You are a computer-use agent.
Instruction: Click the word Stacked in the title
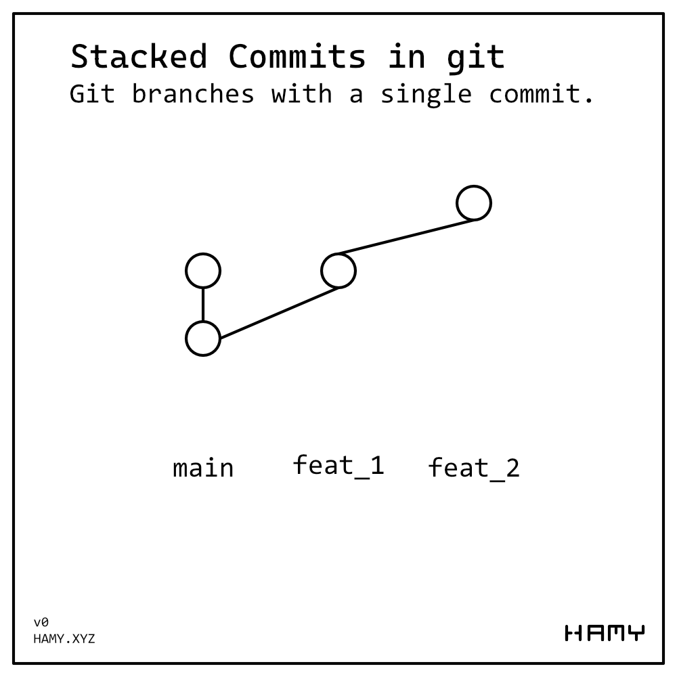[x=138, y=57]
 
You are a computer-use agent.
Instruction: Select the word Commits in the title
[x=297, y=57]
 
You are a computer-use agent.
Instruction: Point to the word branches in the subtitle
[x=193, y=94]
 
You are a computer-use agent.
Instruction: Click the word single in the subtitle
[x=426, y=95]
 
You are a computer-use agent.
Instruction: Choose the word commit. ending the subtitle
[x=542, y=94]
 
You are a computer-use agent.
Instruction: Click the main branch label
[x=203, y=468]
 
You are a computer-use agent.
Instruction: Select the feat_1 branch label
[x=338, y=466]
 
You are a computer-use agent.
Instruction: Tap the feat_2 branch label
[x=474, y=468]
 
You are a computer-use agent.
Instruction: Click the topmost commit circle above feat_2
[x=474, y=203]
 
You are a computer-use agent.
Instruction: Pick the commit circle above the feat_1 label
[x=338, y=271]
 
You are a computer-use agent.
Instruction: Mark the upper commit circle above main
[x=203, y=271]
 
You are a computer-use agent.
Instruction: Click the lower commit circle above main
[x=203, y=338]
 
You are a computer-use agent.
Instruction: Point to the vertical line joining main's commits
[x=203, y=305]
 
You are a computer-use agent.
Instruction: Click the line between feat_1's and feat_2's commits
[x=406, y=237]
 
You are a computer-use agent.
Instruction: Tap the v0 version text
[x=41, y=622]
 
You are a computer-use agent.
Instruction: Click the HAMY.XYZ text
[x=64, y=638]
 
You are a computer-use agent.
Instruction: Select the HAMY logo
[x=605, y=634]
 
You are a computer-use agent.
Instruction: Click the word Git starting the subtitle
[x=92, y=94]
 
